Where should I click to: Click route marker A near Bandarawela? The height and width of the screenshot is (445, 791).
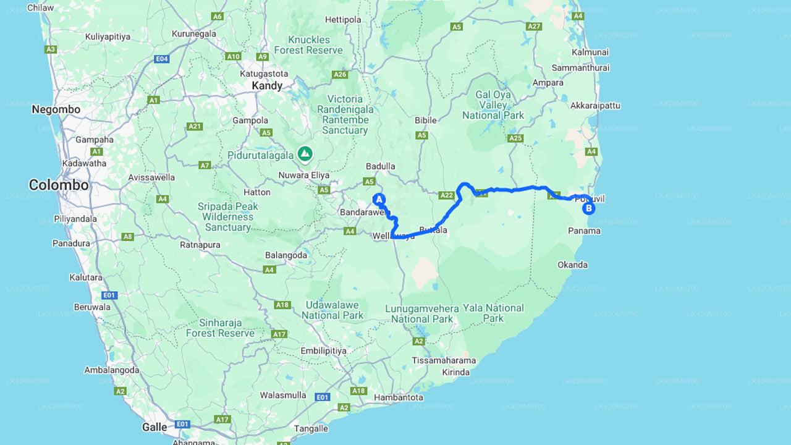coord(379,200)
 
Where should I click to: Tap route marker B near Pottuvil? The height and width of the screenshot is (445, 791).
coord(589,208)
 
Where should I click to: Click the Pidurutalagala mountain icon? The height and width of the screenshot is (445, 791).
coord(305,153)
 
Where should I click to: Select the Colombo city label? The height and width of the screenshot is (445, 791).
coord(59,185)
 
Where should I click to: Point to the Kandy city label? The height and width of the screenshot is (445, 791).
coord(267,86)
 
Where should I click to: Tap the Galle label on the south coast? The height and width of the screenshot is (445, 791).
coord(154,427)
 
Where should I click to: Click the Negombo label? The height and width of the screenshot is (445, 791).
coord(56,109)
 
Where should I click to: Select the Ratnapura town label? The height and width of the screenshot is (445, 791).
coord(200,245)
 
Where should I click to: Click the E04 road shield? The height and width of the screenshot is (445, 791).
coord(162,59)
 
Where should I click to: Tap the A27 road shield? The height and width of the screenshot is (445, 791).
coord(534,26)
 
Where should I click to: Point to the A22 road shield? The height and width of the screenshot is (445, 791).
coord(446,195)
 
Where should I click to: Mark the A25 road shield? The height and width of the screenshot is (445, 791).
coord(515,138)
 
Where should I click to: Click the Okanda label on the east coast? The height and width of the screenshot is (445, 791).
coord(572,265)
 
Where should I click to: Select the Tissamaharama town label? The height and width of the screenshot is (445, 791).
coord(444,360)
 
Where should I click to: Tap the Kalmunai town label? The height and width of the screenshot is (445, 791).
coord(590,53)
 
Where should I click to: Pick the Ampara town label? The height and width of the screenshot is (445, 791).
coord(548,83)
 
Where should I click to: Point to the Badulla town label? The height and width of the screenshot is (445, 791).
coord(380,166)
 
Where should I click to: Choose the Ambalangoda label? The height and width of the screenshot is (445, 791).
coord(112,370)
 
